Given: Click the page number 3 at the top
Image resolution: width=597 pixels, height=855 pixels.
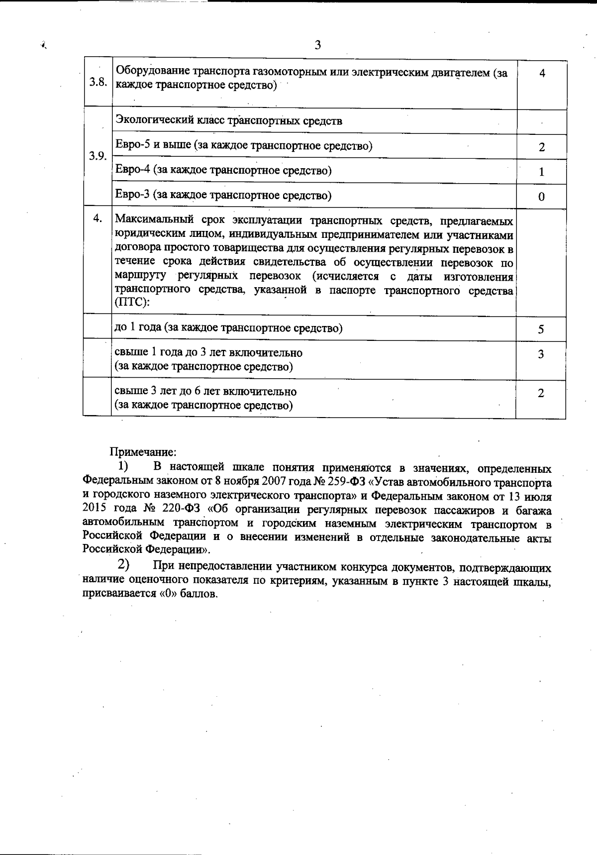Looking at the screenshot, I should tap(318, 45).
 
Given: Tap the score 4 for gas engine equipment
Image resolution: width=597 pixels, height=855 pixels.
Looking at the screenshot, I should tap(542, 73).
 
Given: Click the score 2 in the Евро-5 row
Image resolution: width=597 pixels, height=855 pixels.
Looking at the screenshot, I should tap(541, 147).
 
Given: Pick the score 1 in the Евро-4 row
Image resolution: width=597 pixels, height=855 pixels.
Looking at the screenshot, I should tap(541, 172).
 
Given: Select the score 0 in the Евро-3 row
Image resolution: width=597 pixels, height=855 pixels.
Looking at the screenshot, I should tap(541, 197).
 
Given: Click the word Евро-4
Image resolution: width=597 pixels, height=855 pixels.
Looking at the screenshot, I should tap(133, 170).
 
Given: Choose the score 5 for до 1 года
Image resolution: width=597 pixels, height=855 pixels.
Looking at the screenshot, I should tap(541, 329).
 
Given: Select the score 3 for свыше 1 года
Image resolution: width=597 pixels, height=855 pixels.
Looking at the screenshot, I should tap(541, 354).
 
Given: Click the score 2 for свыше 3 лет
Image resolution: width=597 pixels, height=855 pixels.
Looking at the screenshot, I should tap(541, 393).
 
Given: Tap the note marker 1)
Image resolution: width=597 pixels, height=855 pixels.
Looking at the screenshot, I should tap(123, 467).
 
